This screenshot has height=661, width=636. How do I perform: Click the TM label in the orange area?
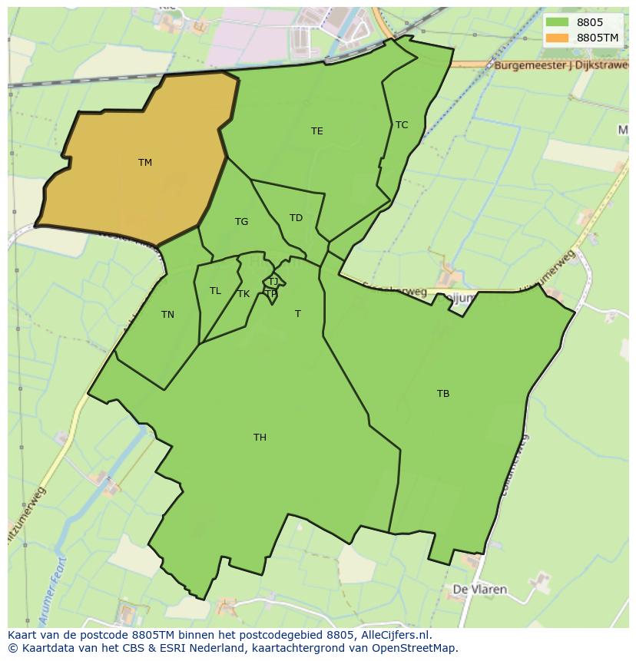point(145,162)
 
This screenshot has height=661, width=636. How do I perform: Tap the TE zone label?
point(316,131)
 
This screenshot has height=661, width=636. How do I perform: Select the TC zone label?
point(401,125)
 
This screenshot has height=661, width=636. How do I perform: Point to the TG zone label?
point(241,222)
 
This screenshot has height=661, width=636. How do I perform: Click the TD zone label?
point(296,218)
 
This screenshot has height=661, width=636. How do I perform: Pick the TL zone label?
point(215,291)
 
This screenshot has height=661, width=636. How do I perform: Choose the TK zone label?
point(243,294)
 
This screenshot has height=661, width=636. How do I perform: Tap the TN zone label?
point(167,315)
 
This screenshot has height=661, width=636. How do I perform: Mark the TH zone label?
point(260,438)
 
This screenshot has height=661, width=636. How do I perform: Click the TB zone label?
point(442,394)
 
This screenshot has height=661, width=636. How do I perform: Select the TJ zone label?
point(273,282)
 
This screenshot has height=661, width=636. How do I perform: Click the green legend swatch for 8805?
point(558,23)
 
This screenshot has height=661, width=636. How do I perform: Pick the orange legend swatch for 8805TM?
point(558,38)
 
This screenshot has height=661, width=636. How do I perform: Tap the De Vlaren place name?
point(479,590)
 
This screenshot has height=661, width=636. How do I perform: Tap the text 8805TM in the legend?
point(598,38)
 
